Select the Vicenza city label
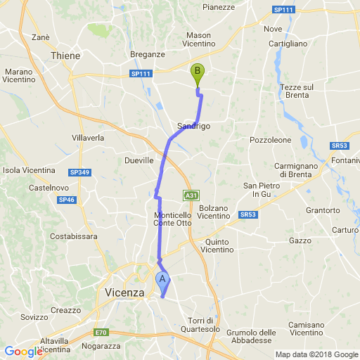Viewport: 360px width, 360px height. (x=122, y=292)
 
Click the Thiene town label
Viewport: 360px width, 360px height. (x=66, y=55)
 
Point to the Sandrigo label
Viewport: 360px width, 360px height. (x=193, y=125)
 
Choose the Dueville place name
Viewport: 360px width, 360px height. (x=139, y=161)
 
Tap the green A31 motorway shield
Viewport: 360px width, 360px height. (x=190, y=195)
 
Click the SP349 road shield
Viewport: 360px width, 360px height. (x=79, y=172)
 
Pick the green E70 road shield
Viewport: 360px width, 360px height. (x=102, y=332)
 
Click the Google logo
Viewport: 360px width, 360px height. (x=23, y=352)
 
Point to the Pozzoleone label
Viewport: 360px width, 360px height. (x=270, y=141)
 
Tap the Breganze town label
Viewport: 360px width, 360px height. (x=148, y=54)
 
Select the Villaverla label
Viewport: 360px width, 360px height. (x=88, y=139)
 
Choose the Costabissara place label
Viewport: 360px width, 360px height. (x=68, y=237)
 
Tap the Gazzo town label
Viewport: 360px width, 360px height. (x=300, y=240)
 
